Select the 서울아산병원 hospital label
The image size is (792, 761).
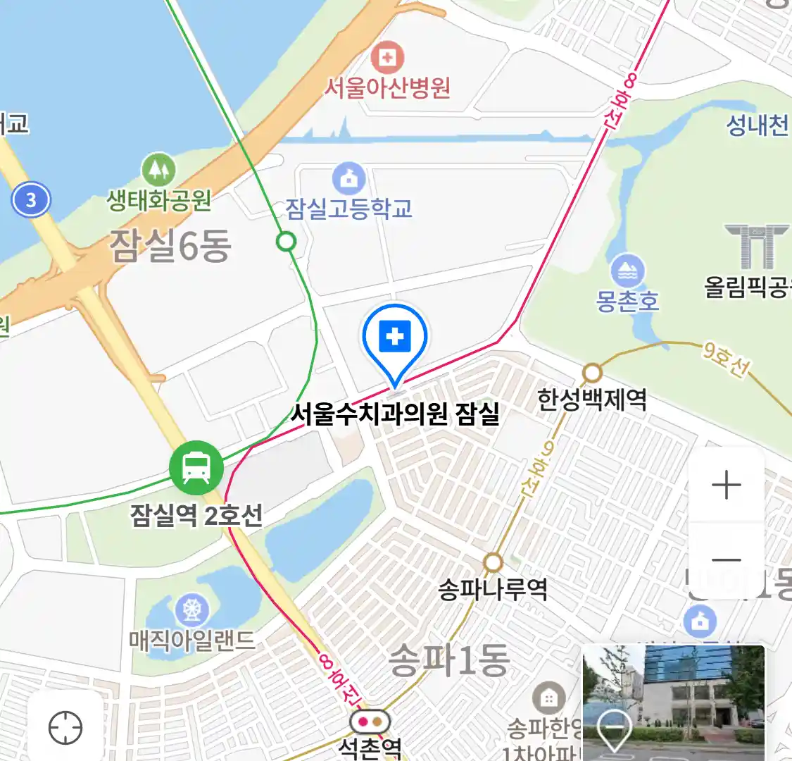pyautogui.click(x=386, y=87)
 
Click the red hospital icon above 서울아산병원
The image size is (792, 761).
pyautogui.click(x=387, y=57)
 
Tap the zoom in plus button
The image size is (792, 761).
pyautogui.click(x=727, y=485)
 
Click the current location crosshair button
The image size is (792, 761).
pyautogui.click(x=65, y=727)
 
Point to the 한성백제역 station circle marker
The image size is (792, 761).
pyautogui.click(x=592, y=373)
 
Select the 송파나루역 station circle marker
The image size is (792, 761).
pyautogui.click(x=493, y=562)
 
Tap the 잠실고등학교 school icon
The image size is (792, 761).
pyautogui.click(x=348, y=179)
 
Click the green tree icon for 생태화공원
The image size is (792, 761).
pyautogui.click(x=158, y=169)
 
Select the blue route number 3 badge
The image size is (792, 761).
pyautogui.click(x=31, y=199)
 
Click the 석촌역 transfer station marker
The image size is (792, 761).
pyautogui.click(x=370, y=722)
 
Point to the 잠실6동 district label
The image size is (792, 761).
pyautogui.click(x=170, y=246)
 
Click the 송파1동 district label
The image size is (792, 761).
pyautogui.click(x=448, y=660)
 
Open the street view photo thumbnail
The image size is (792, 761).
pyautogui.click(x=673, y=702)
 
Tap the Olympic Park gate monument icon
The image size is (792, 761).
pyautogui.click(x=757, y=247)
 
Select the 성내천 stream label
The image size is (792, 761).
pyautogui.click(x=757, y=125)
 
